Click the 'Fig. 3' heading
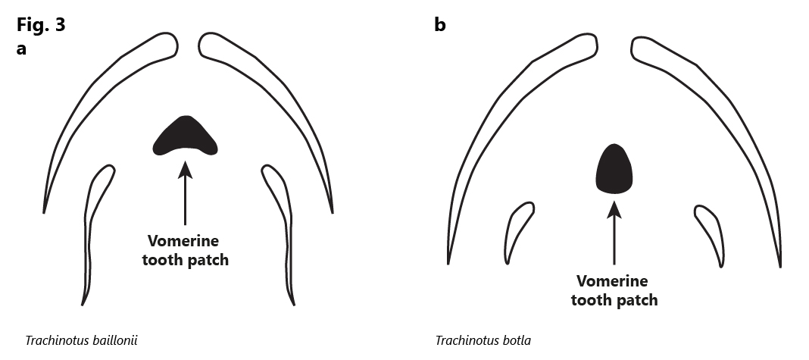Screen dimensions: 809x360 pyautogui.click(x=41, y=24)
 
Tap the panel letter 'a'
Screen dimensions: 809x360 pyautogui.click(x=21, y=49)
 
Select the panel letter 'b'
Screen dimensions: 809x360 pyautogui.click(x=439, y=24)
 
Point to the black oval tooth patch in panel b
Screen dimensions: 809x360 pyautogui.click(x=614, y=169)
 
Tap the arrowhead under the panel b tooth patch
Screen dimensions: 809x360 pyautogui.click(x=614, y=208)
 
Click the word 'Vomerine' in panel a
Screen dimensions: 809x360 pyautogui.click(x=183, y=241)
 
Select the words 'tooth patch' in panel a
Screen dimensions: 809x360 pyautogui.click(x=186, y=259)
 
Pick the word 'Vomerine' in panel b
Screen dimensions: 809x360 pyautogui.click(x=612, y=281)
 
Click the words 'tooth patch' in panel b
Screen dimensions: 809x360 pyautogui.click(x=614, y=299)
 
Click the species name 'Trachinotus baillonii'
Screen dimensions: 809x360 pyautogui.click(x=82, y=341)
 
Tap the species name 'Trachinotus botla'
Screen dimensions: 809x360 pyautogui.click(x=483, y=341)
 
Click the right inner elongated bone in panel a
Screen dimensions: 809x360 pyautogui.click(x=286, y=222)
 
